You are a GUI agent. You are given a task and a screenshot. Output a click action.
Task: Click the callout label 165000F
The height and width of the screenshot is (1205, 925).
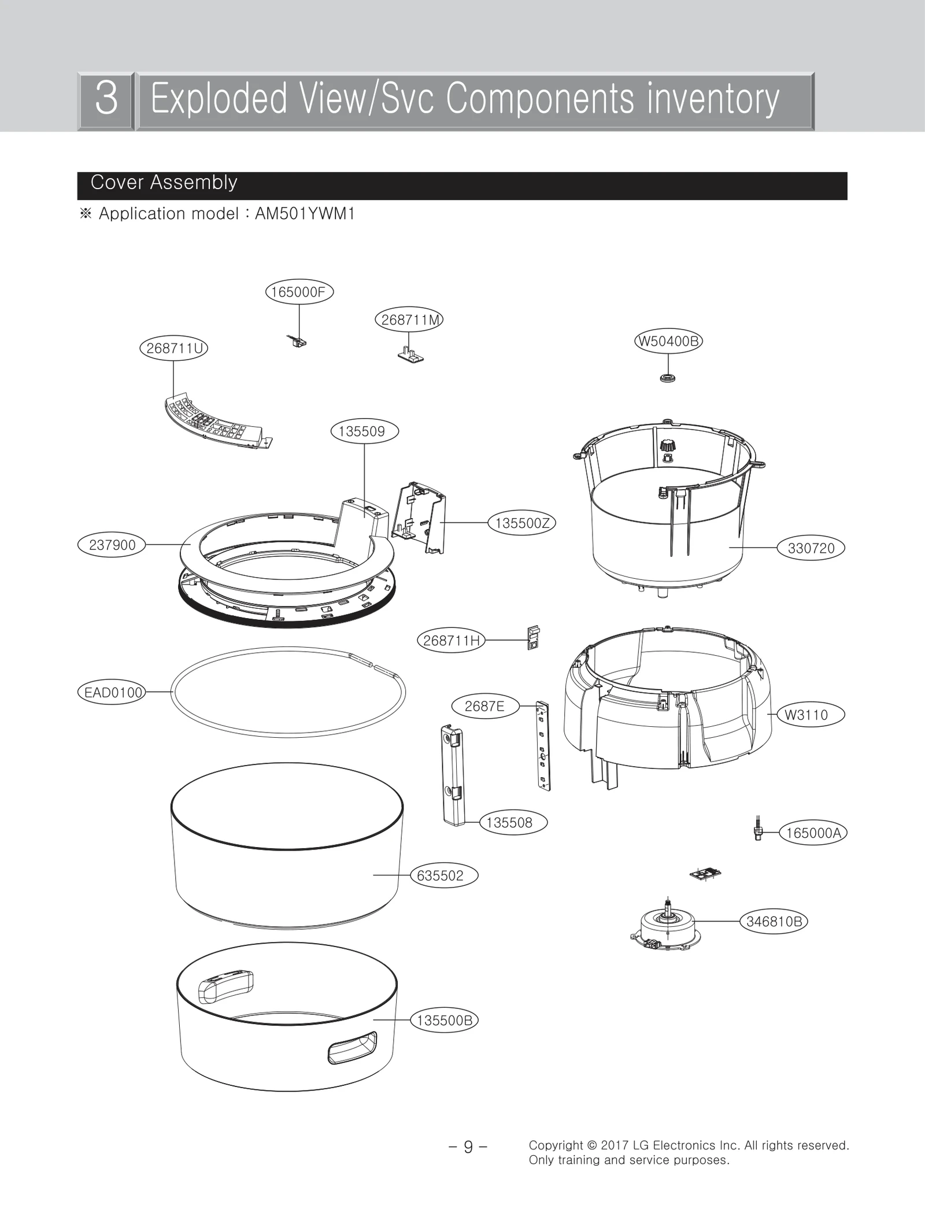[299, 292]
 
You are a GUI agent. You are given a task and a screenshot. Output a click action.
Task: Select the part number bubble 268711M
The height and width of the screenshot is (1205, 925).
[409, 320]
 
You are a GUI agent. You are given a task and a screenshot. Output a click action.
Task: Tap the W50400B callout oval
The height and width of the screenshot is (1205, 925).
[668, 341]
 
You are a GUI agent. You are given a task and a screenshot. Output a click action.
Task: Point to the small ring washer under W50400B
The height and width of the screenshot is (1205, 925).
[668, 378]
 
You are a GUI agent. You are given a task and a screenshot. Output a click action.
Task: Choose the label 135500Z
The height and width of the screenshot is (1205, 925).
[522, 523]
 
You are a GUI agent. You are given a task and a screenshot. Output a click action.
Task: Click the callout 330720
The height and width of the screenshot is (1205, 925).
[811, 548]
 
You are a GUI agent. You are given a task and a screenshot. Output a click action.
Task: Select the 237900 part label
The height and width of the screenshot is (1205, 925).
[112, 545]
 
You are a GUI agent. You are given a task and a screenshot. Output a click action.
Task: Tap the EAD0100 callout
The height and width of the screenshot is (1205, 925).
[112, 692]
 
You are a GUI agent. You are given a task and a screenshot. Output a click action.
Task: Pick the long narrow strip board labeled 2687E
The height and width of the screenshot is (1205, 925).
[543, 745]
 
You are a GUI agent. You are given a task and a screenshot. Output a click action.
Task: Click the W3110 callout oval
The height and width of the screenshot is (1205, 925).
[806, 715]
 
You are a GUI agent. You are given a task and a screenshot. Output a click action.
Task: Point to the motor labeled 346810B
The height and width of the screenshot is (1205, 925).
[666, 928]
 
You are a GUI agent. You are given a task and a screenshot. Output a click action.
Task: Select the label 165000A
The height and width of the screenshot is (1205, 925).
[813, 833]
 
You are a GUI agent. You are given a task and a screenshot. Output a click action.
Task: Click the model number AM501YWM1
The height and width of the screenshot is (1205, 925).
[305, 214]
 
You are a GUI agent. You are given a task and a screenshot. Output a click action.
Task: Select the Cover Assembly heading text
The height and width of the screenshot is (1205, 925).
[164, 183]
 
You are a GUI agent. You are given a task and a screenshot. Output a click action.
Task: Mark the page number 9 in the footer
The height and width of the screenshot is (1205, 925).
[468, 1146]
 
